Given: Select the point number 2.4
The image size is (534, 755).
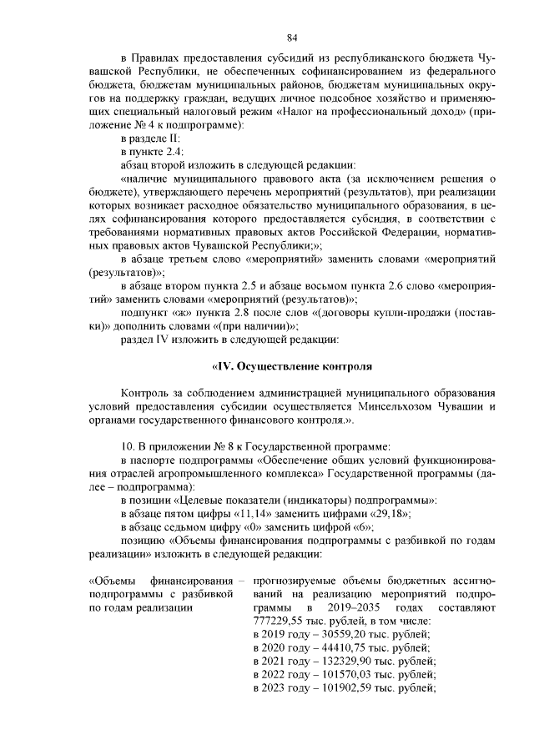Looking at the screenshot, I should (x=164, y=151).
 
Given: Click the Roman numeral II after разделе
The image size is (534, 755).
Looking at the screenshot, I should (x=173, y=138).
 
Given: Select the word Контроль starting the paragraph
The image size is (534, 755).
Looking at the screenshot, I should (x=146, y=393).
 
